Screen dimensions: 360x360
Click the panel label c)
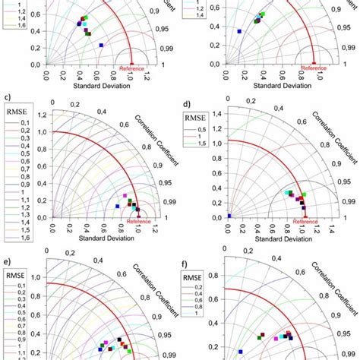pyautogui.click(x=7, y=97)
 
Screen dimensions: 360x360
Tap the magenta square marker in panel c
pyautogui.click(x=125, y=196)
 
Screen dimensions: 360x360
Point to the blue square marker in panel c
pyautogui.click(x=118, y=206)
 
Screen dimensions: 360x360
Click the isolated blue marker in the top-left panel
pyautogui.click(x=101, y=45)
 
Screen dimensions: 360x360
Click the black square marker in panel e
pyautogui.click(x=120, y=339)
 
